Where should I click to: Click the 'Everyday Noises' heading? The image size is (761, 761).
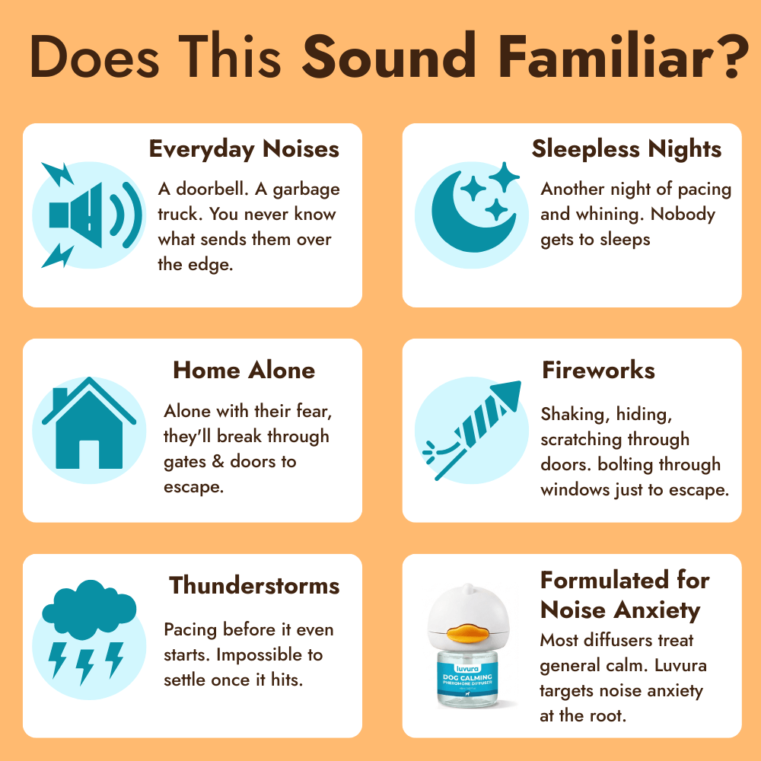[244, 148]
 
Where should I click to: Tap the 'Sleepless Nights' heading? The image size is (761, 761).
[626, 148]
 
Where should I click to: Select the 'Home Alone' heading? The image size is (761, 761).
[244, 371]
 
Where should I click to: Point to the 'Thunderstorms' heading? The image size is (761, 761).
[254, 585]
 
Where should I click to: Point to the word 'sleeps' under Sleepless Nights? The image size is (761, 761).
[625, 240]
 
